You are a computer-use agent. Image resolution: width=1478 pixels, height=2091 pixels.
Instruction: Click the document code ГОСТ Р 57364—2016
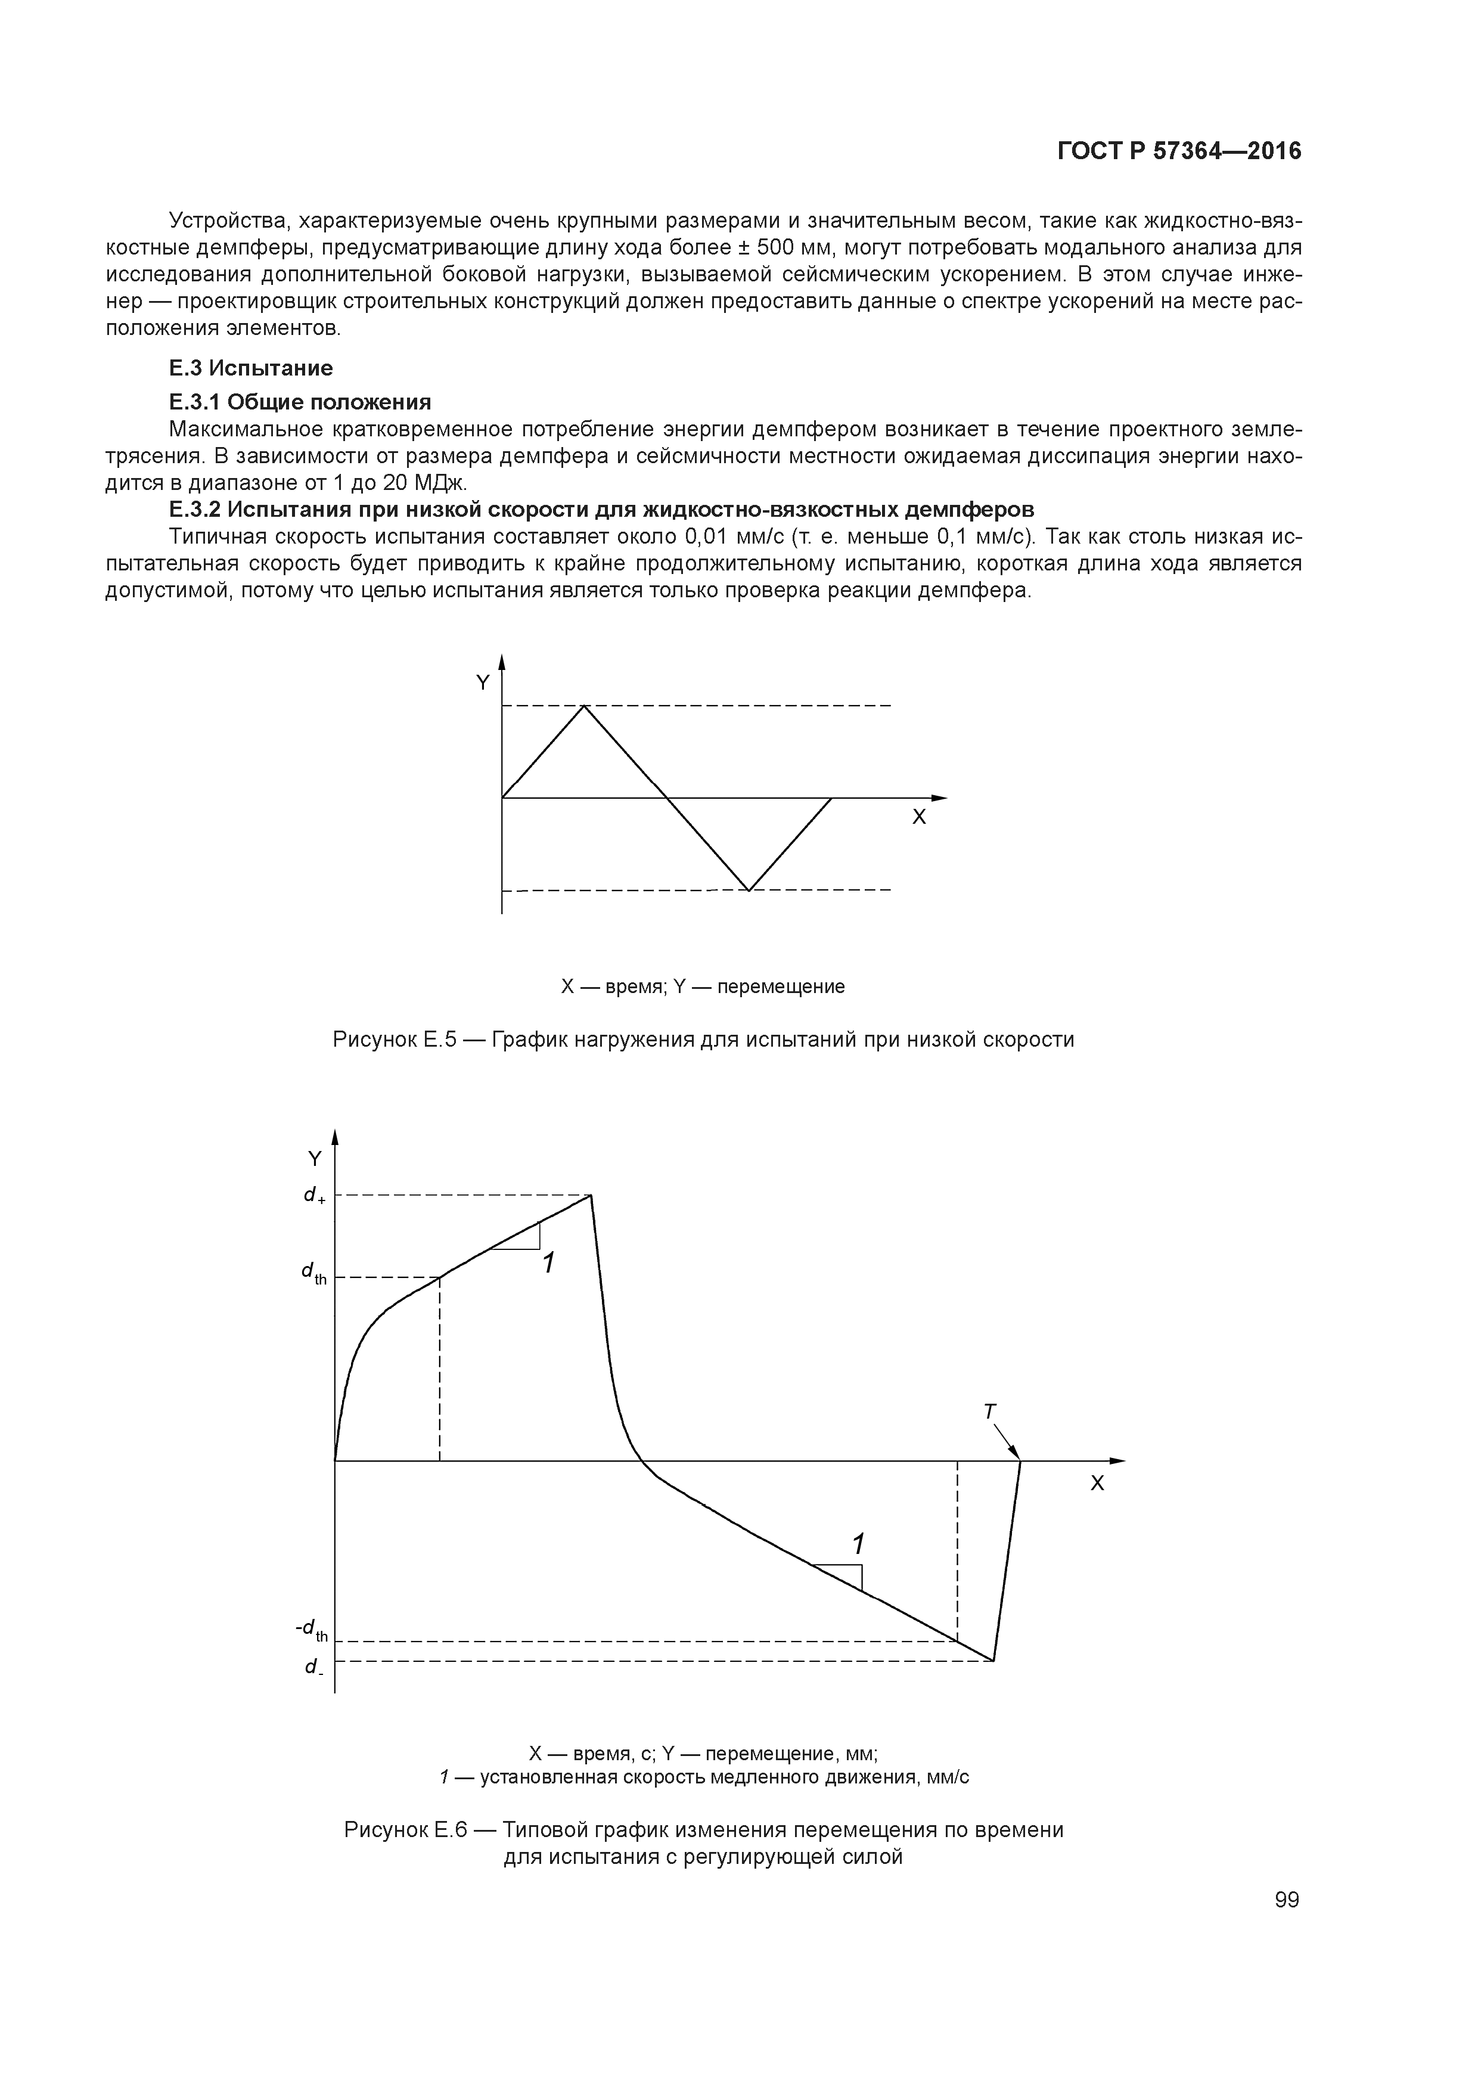pyautogui.click(x=1179, y=151)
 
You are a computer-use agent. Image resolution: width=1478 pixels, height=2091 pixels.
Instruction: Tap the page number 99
pyautogui.click(x=1287, y=1900)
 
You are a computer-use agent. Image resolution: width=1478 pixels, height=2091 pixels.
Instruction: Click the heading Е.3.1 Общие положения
pyautogui.click(x=300, y=402)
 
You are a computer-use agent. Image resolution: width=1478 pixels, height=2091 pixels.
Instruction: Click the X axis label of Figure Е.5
pyautogui.click(x=919, y=818)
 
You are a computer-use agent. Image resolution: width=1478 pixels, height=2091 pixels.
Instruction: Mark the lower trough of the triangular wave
pyautogui.click(x=749, y=890)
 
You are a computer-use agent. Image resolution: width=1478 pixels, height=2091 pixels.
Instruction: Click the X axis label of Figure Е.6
pyautogui.click(x=1097, y=1484)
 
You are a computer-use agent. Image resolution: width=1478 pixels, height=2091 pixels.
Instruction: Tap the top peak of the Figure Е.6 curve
pyautogui.click(x=591, y=1195)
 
